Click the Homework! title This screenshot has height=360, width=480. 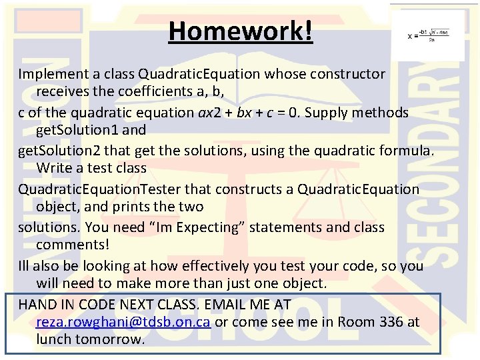(x=240, y=31)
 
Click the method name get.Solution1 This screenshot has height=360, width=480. (x=77, y=129)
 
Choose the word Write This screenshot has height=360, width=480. (x=55, y=168)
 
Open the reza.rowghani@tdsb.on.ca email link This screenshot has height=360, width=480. (x=123, y=322)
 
